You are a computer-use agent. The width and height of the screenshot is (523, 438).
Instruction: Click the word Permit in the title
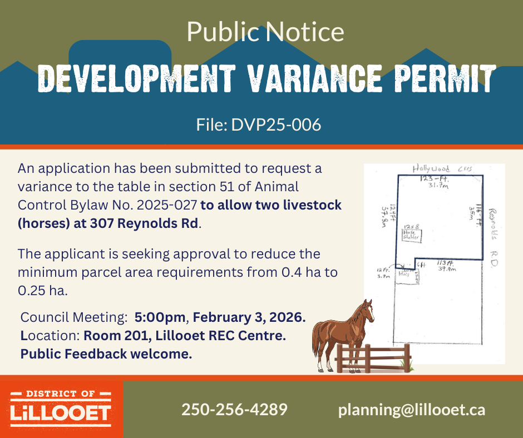[440, 79]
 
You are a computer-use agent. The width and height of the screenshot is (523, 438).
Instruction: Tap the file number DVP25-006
[259, 125]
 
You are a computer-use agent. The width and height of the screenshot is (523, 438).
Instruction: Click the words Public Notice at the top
[265, 32]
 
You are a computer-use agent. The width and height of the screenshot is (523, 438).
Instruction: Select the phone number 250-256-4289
[234, 410]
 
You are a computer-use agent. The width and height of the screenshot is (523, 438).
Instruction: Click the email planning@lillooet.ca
[412, 410]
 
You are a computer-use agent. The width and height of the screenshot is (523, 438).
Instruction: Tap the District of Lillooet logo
[61, 406]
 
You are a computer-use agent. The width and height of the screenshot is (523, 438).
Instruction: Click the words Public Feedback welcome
[106, 354]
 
